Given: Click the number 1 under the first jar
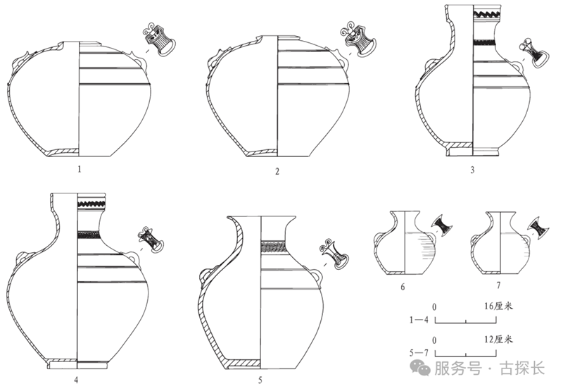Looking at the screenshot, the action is pyautogui.click(x=80, y=169).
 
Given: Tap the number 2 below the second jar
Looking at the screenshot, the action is pyautogui.click(x=277, y=171).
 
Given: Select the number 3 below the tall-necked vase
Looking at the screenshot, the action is pyautogui.click(x=472, y=170).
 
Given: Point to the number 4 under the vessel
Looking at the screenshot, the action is pyautogui.click(x=76, y=380).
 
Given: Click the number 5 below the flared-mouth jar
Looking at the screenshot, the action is pyautogui.click(x=260, y=380).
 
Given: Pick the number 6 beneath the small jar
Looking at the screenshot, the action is pyautogui.click(x=403, y=287).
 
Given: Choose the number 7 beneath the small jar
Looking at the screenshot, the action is pyautogui.click(x=498, y=285).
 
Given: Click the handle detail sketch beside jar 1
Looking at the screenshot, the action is pyautogui.click(x=159, y=40).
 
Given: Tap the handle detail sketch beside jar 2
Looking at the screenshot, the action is pyautogui.click(x=358, y=41).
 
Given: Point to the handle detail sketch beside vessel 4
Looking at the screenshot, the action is pyautogui.click(x=151, y=240).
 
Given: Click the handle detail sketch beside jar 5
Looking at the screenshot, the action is pyautogui.click(x=335, y=254).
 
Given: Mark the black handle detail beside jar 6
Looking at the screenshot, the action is pyautogui.click(x=442, y=225).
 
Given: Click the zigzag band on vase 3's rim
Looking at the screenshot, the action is pyautogui.click(x=487, y=15).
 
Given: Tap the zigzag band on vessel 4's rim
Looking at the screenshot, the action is pyautogui.click(x=91, y=204).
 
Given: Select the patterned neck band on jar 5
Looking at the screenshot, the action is pyautogui.click(x=274, y=247).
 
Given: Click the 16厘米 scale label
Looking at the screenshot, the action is pyautogui.click(x=498, y=306).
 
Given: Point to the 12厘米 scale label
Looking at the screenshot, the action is pyautogui.click(x=498, y=340).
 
